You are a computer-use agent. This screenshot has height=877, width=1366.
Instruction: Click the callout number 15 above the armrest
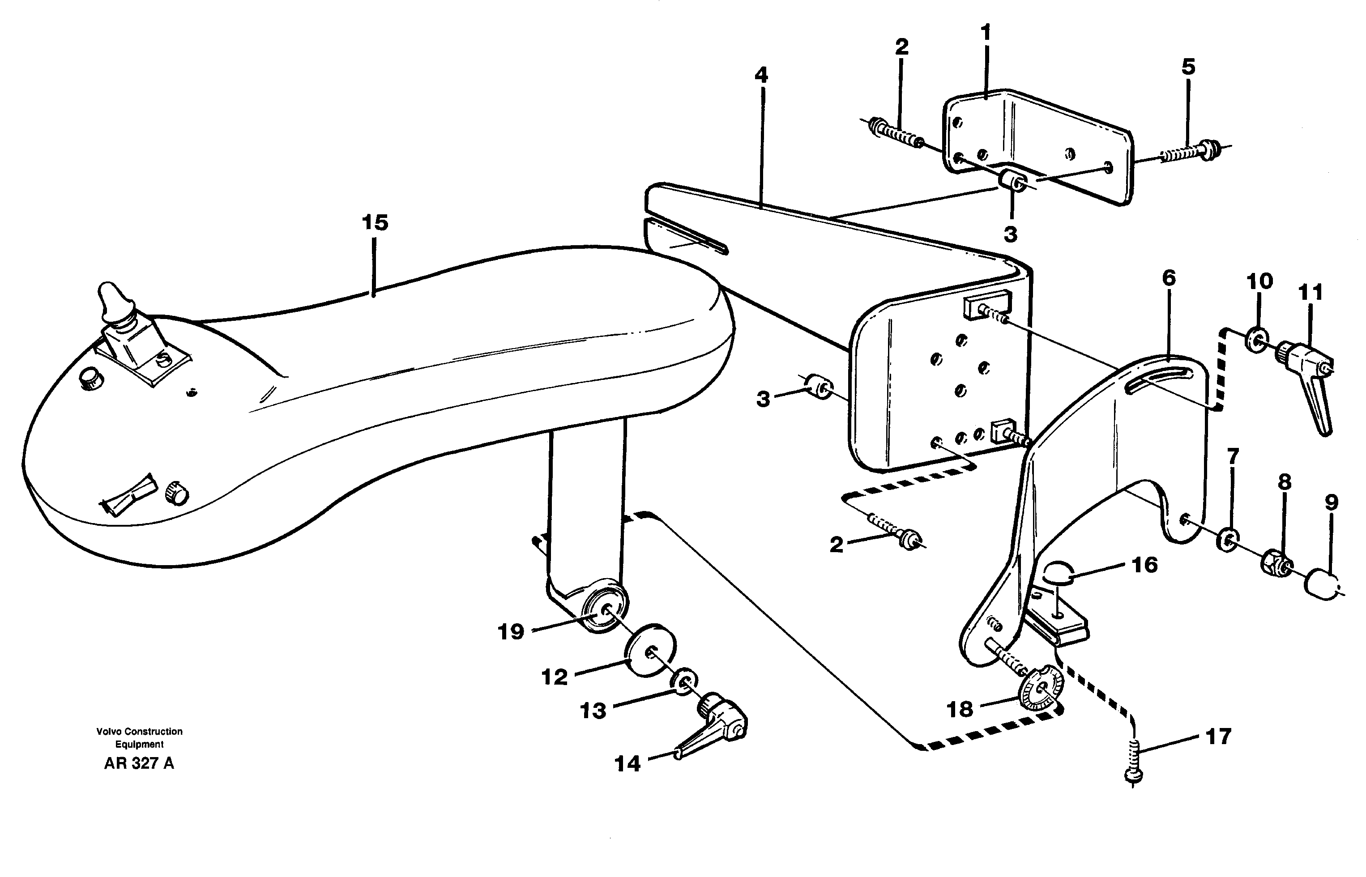click(x=375, y=223)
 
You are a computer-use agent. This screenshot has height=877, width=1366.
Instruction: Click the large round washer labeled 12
click(x=650, y=651)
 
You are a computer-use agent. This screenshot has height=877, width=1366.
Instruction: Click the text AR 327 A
click(x=139, y=764)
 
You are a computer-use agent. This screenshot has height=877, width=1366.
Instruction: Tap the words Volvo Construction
click(x=139, y=732)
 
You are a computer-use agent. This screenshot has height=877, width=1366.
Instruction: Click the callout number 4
click(x=761, y=75)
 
